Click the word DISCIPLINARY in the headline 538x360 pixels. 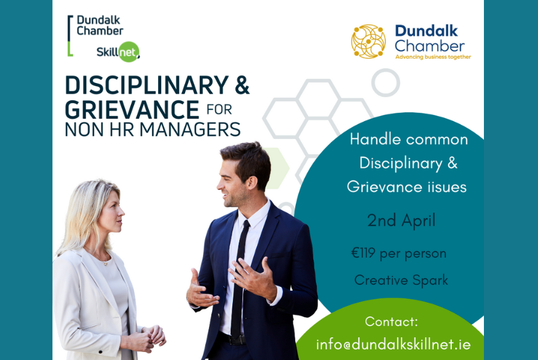147,85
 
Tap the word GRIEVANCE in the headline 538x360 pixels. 132,110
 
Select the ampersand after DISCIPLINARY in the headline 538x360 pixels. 242,85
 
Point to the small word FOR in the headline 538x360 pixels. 220,110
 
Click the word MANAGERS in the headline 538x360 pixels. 190,129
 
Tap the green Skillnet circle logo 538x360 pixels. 129,52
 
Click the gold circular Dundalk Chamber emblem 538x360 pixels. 368,42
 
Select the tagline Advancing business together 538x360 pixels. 433,57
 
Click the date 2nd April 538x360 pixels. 401,220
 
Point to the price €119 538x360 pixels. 363,253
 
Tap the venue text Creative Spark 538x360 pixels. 401,280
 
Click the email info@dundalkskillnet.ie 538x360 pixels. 394,344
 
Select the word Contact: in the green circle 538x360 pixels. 392,321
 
